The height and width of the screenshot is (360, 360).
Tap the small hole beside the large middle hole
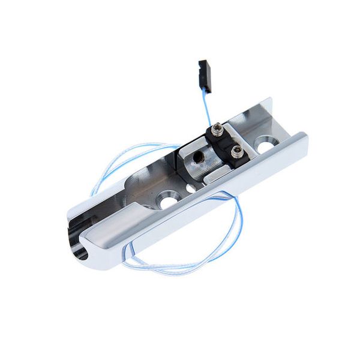coord(190,188)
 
